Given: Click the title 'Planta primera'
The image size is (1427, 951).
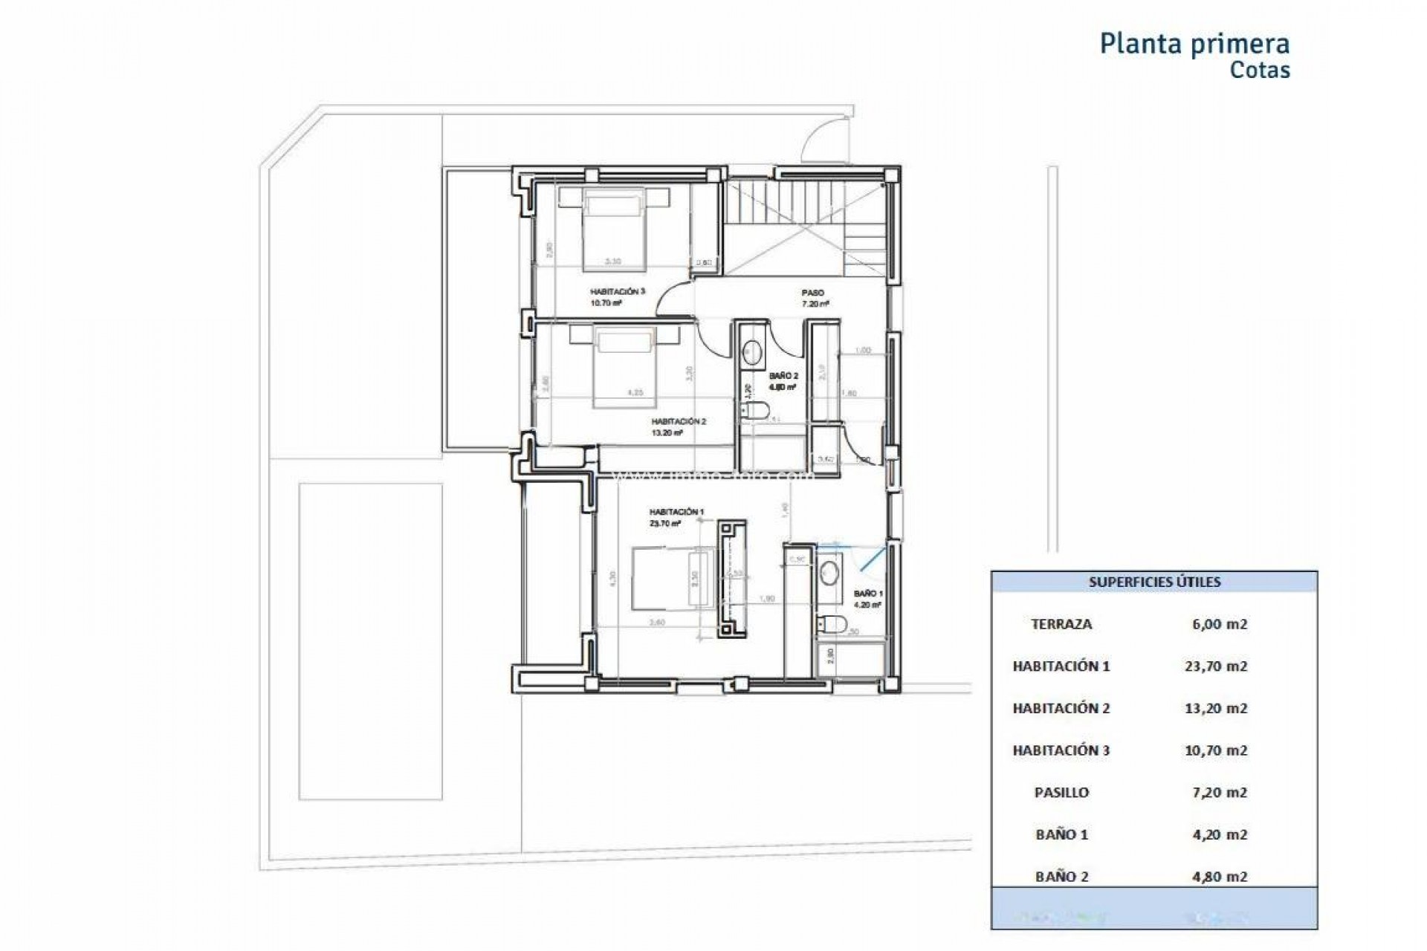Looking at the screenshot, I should point(1194,44).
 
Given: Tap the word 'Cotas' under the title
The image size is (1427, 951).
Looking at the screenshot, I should point(1260,71).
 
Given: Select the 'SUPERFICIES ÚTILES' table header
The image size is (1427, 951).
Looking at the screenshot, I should point(1154,582).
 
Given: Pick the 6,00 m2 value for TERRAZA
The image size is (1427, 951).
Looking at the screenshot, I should point(1219,624).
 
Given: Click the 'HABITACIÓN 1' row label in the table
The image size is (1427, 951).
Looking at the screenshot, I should point(1061,666).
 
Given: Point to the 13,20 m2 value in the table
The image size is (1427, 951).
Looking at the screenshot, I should point(1215,708).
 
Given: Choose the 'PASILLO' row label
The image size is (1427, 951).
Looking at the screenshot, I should point(1061,793).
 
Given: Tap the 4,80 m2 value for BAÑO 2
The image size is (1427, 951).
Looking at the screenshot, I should point(1219,877).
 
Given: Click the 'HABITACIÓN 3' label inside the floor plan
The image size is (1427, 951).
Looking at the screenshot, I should point(617,292).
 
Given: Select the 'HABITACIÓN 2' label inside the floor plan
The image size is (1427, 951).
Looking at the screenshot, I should point(678,422).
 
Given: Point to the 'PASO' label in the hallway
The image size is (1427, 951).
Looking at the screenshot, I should point(812,293).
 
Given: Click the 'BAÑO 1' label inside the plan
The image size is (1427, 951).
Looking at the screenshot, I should point(867,594).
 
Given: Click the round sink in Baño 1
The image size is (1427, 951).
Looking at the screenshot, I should point(829,573).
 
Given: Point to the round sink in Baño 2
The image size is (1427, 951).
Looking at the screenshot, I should point(753,352).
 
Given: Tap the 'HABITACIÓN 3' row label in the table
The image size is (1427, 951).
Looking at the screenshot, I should point(1061,750).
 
